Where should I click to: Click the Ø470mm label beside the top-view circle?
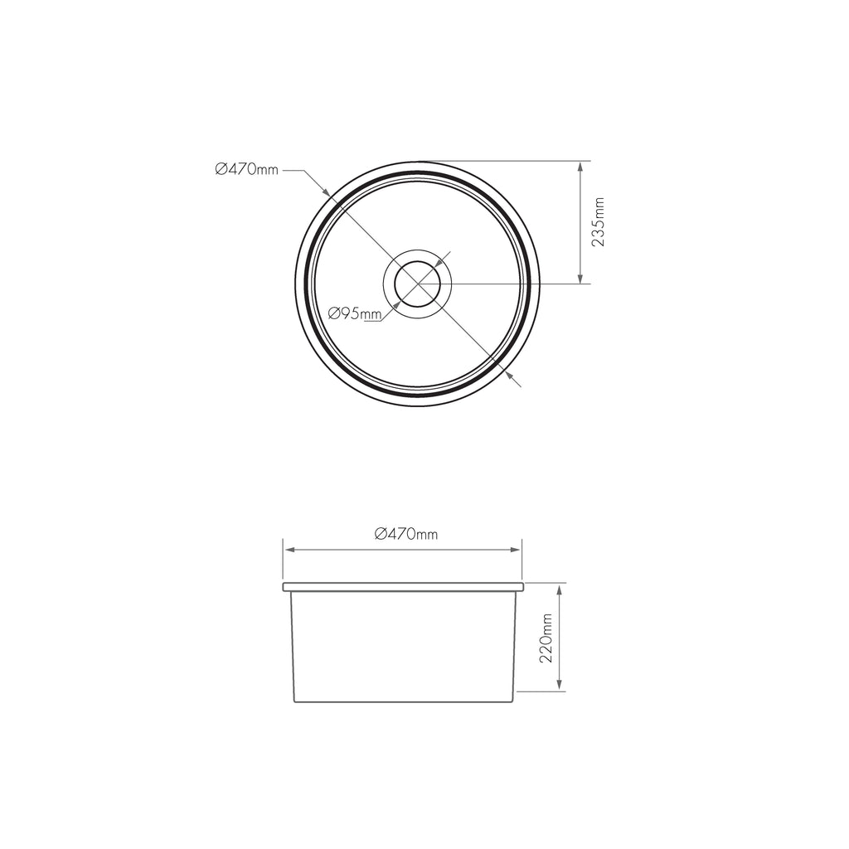coord(246,170)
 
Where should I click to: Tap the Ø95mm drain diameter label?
coord(354,313)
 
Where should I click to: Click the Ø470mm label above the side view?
coord(405,535)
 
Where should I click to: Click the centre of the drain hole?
coord(417,284)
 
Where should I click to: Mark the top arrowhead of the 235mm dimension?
coord(580,167)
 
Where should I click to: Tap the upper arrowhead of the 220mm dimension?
coord(561,589)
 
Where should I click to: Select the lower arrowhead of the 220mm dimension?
coord(561,684)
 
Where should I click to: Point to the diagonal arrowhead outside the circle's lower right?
coord(510,376)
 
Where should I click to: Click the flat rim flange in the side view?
coord(403,586)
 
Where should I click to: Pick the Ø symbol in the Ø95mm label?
coord(333,313)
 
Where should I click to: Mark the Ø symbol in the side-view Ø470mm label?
coord(380,535)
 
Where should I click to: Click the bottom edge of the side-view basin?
coord(403,702)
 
